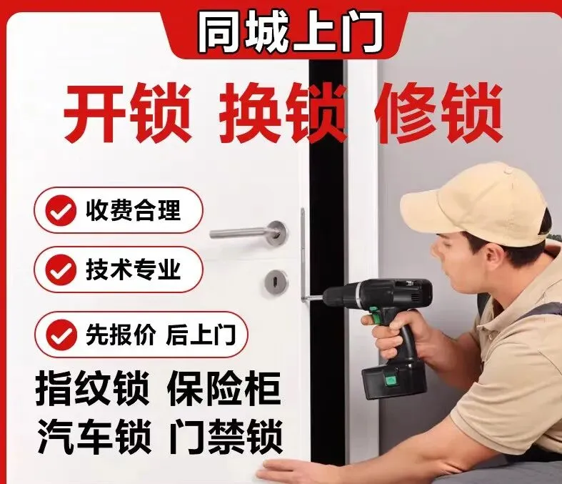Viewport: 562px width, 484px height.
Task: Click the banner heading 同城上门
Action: click(x=290, y=31)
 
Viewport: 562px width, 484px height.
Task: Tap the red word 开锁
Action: click(x=127, y=113)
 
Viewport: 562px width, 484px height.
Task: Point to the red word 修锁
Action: click(x=438, y=113)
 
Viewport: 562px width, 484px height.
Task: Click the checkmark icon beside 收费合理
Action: click(x=61, y=211)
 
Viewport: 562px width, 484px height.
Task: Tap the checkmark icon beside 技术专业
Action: click(x=61, y=270)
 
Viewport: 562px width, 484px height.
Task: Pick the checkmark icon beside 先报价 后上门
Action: click(x=61, y=335)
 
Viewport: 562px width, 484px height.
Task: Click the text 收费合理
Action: click(x=133, y=210)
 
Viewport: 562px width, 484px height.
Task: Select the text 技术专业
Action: click(x=133, y=270)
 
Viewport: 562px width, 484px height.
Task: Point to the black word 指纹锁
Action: click(x=92, y=389)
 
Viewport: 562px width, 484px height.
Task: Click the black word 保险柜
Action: click(x=224, y=389)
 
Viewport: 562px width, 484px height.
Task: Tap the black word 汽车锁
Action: click(x=94, y=437)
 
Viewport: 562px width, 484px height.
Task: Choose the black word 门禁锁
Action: click(x=226, y=437)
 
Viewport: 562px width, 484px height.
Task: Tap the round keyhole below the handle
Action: click(x=276, y=280)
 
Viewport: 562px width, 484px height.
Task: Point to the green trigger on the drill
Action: click(x=374, y=315)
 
